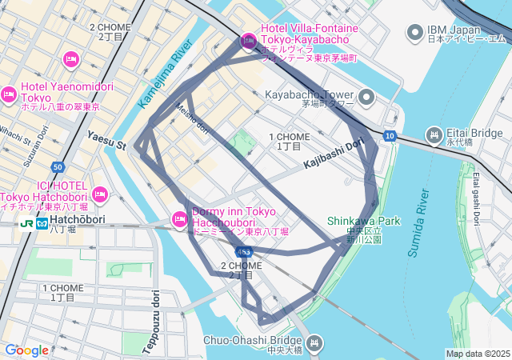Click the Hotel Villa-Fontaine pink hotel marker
tap(248, 41)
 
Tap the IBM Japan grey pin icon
tap(414, 32)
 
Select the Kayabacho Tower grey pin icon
tap(366, 98)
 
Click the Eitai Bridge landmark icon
tap(434, 134)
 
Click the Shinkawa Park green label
tap(362, 221)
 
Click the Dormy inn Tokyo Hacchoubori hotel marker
tap(179, 218)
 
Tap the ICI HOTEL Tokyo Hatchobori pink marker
tap(100, 194)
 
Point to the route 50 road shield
tap(57, 167)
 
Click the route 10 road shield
tap(390, 135)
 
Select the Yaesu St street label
tap(107, 141)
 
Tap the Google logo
tap(26, 350)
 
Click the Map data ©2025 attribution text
tap(477, 354)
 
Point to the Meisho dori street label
tap(192, 119)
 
